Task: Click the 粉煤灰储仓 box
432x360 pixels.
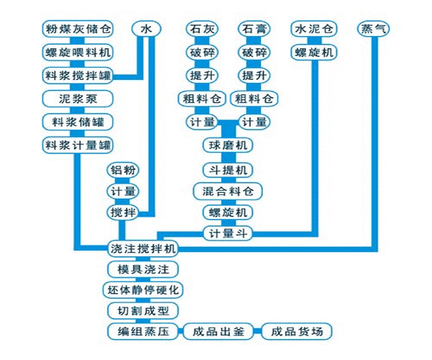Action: [x=78, y=30]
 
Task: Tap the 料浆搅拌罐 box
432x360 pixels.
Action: [x=78, y=75]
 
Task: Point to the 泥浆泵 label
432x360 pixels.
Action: [x=78, y=98]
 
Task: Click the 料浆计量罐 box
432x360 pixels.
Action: [x=78, y=145]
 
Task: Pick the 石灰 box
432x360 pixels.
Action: [x=202, y=30]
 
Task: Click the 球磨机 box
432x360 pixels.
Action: [x=228, y=145]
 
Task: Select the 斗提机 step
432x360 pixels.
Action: [x=228, y=170]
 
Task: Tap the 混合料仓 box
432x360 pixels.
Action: [x=228, y=192]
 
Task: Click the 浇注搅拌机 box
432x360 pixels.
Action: [x=142, y=248]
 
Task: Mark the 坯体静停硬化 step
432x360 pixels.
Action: [x=142, y=290]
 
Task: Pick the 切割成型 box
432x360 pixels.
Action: [x=142, y=311]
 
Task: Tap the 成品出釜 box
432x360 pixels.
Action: [x=218, y=332]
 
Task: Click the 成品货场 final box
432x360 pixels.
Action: [x=297, y=332]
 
